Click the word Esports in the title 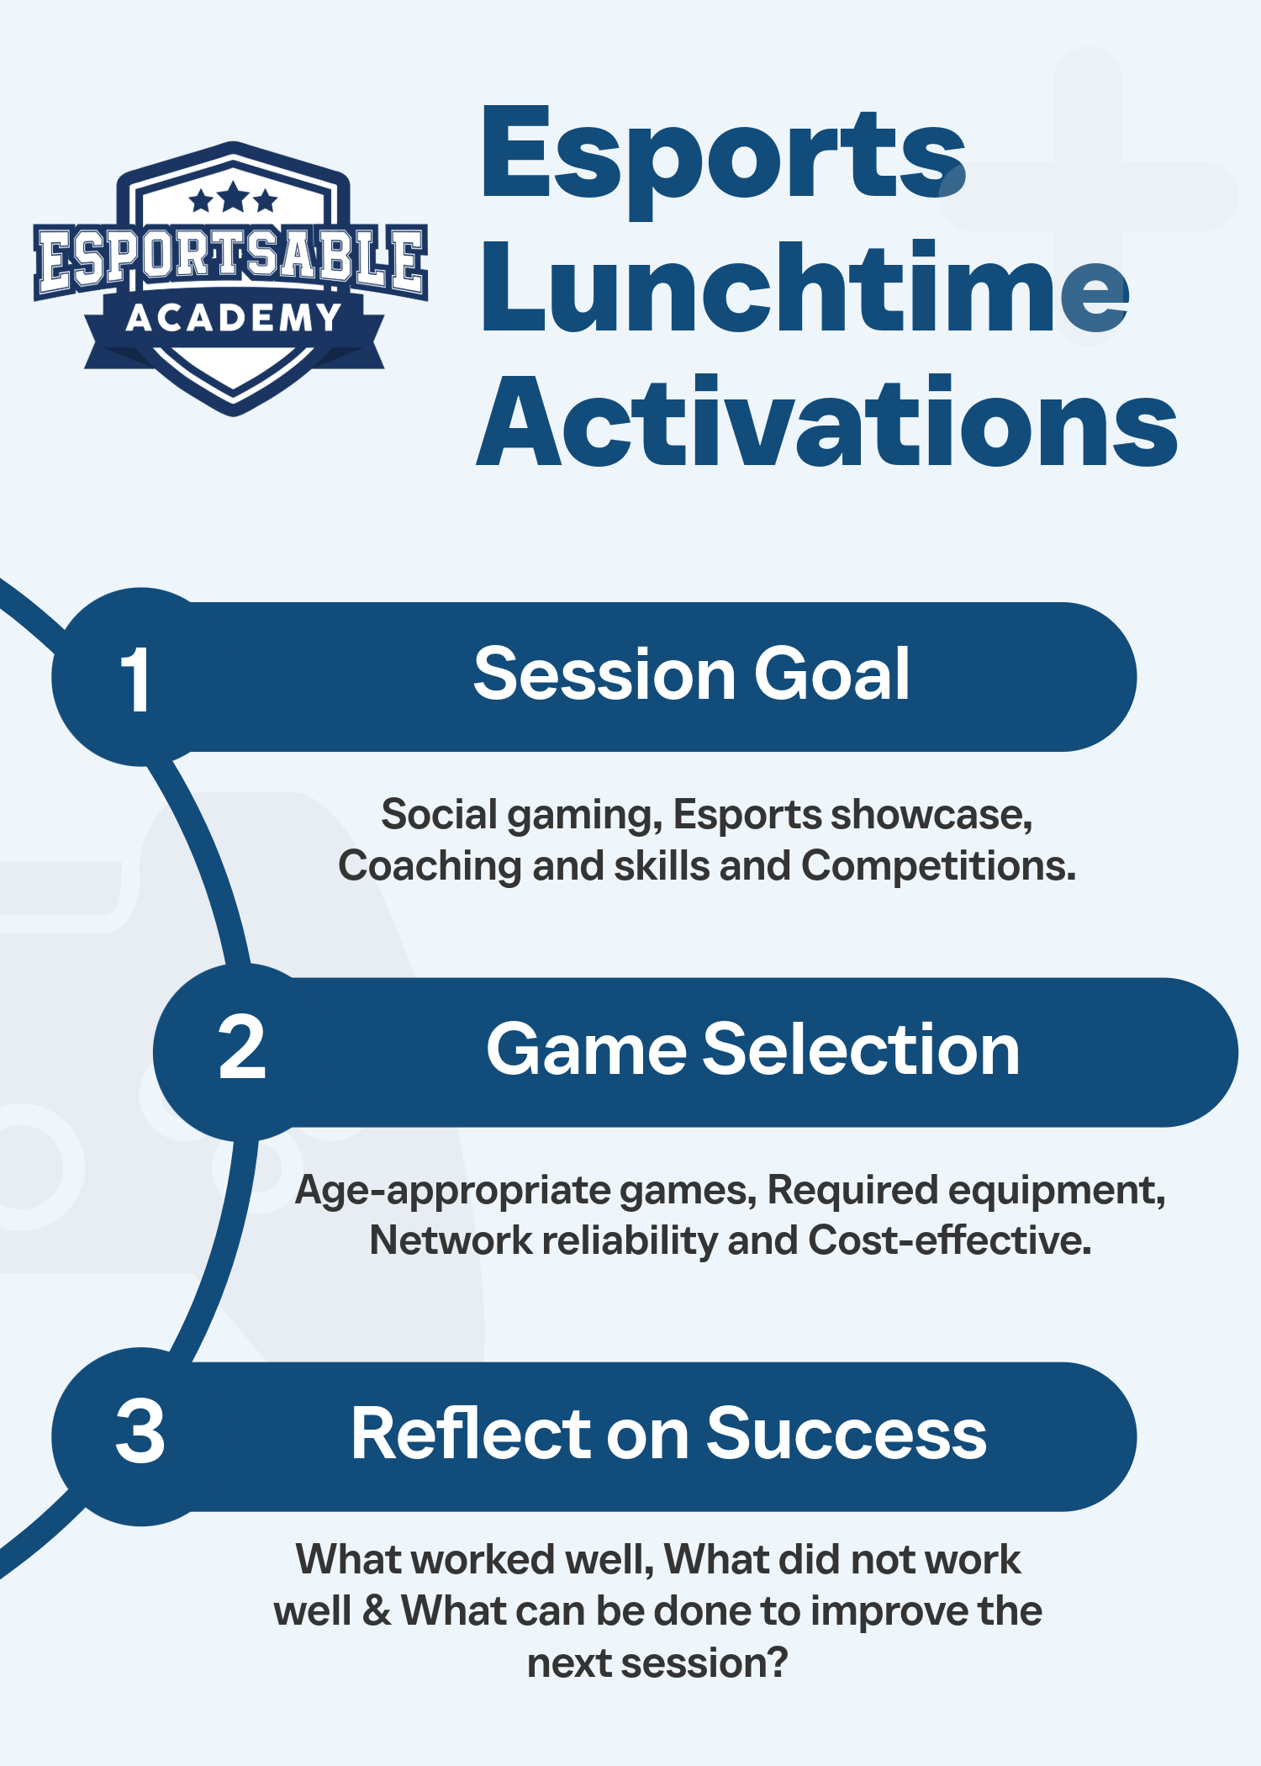coord(723,156)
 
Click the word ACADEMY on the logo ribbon coord(234,318)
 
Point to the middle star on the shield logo coord(234,198)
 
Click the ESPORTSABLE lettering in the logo coord(231,258)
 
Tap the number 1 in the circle coord(135,679)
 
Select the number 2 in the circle coord(241,1049)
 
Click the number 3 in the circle coord(140,1431)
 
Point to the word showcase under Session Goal coord(931,815)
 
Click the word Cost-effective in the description coord(949,1240)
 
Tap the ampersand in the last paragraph coord(377,1611)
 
